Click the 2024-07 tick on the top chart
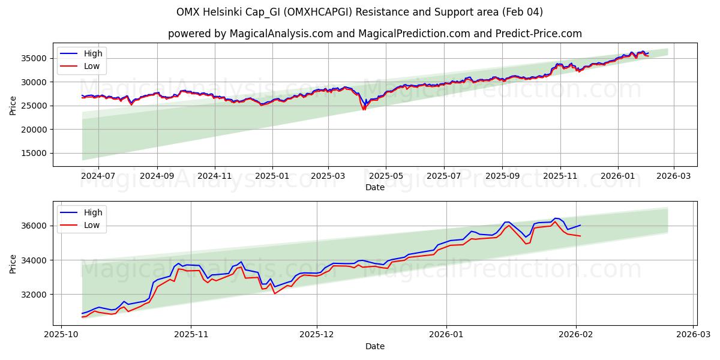click(x=98, y=176)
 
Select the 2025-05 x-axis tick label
click(x=385, y=176)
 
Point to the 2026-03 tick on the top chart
click(x=673, y=176)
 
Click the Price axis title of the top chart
click(x=13, y=106)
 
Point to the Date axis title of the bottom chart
click(x=375, y=346)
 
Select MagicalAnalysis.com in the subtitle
click(x=281, y=34)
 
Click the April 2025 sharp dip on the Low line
click(x=364, y=110)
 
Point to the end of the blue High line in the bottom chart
click(x=580, y=225)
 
